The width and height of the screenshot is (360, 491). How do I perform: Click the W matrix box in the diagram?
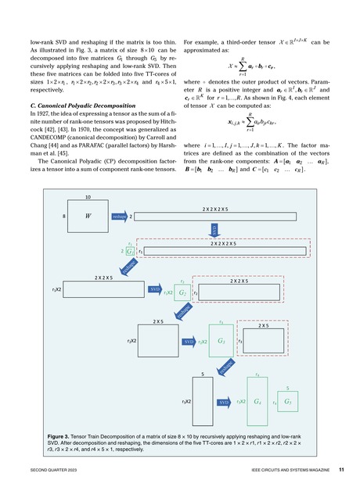point(88,216)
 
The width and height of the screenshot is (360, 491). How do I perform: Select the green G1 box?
point(129,253)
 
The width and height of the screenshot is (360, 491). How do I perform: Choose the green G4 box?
point(258,401)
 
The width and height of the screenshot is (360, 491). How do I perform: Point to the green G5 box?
point(290,402)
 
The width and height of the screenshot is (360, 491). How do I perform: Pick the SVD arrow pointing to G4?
point(224,402)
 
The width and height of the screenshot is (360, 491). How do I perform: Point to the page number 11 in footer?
point(343,470)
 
